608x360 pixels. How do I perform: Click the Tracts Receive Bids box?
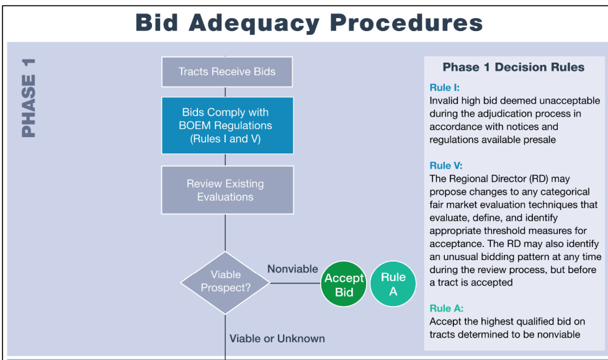coord(227,71)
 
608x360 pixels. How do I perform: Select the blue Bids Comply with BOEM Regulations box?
coord(227,125)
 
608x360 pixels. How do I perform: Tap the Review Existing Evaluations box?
coord(227,190)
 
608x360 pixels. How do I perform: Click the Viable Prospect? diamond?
coord(225,281)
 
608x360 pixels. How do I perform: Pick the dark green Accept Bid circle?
coord(344,285)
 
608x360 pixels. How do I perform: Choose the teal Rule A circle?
coord(393,284)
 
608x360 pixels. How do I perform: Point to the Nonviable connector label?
coord(293,269)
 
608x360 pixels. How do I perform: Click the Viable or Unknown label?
coord(277,338)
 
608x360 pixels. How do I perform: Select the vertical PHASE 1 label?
coord(28,97)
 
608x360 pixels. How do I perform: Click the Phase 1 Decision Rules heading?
coord(513,67)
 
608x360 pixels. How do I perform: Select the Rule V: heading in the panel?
coord(445,166)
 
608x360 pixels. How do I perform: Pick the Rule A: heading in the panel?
coord(446,308)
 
